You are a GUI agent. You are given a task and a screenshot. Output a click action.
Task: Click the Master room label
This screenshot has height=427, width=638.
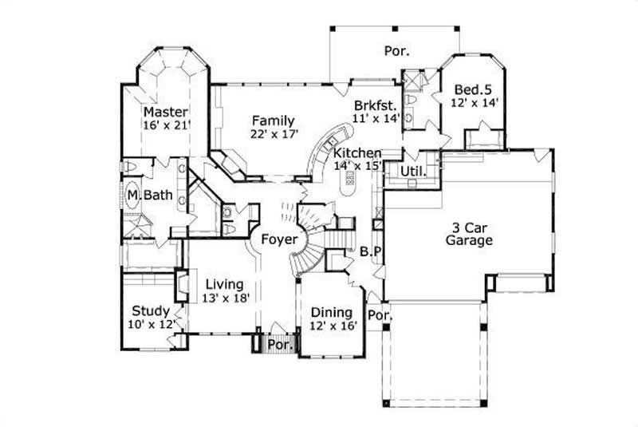tap(165, 112)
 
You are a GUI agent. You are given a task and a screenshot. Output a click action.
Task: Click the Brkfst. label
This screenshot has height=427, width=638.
tap(376, 105)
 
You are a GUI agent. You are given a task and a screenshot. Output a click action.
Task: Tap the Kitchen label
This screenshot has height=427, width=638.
tap(357, 153)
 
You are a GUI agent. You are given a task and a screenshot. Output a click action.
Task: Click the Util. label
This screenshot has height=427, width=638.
tap(412, 171)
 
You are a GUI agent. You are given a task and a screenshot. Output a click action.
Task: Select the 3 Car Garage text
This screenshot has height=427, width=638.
tap(469, 231)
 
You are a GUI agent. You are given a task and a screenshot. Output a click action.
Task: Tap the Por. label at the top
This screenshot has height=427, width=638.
tap(396, 51)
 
